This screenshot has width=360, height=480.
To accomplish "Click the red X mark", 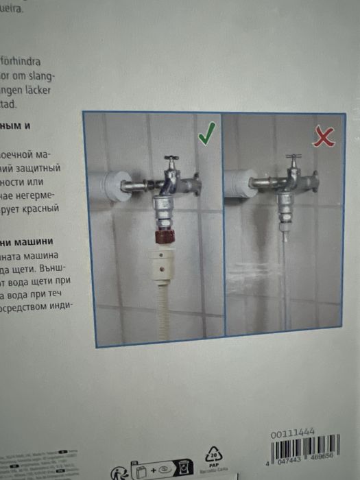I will coord(324,137).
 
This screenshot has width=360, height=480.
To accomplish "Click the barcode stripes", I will coord(315,453).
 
